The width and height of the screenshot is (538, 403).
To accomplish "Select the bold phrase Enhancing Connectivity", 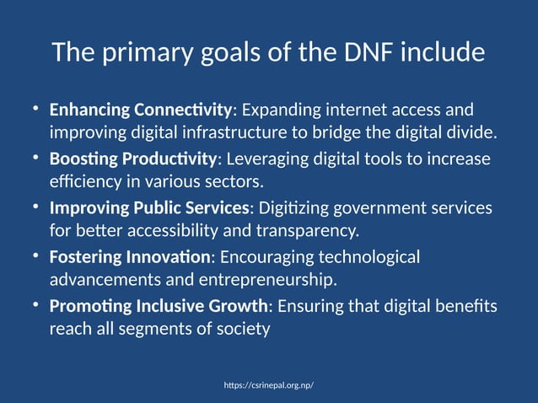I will [140, 110].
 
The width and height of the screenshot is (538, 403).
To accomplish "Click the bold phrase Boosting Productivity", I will [133, 159].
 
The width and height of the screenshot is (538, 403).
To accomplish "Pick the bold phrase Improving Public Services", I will [149, 207].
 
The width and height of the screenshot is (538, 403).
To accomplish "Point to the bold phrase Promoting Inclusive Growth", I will [158, 305].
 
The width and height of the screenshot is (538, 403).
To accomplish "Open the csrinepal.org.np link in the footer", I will [269, 385].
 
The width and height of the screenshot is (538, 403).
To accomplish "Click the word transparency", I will [312, 230].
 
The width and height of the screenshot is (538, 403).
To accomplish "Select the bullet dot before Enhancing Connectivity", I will [36, 109].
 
